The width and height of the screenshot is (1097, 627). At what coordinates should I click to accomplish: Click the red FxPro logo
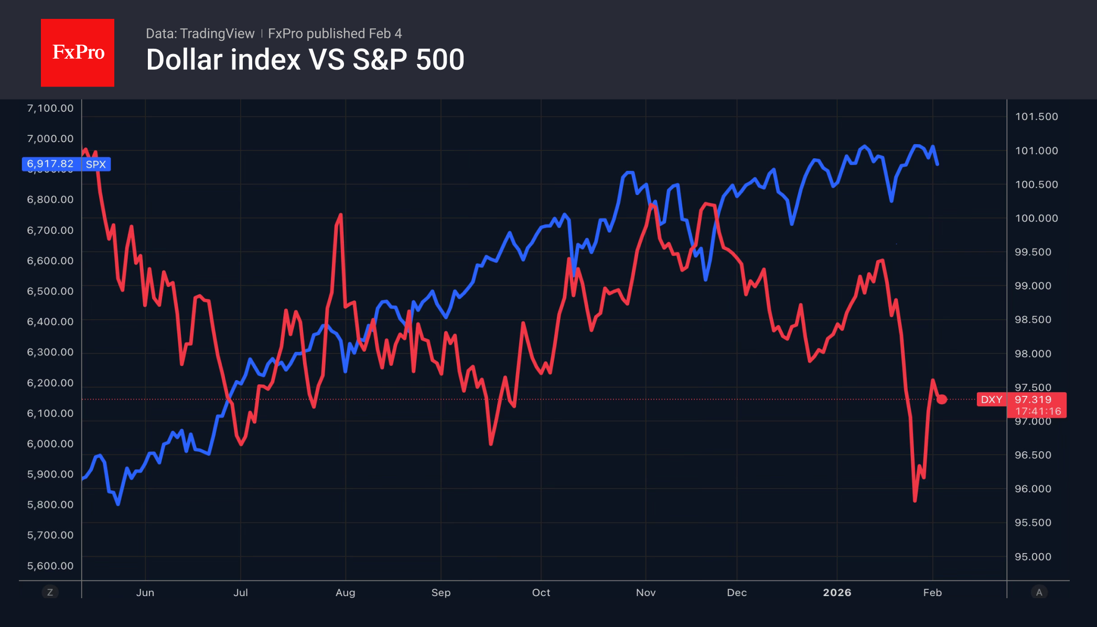(78, 52)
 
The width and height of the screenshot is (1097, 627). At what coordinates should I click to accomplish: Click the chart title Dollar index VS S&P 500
(305, 60)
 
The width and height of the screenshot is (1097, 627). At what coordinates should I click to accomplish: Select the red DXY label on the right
(991, 399)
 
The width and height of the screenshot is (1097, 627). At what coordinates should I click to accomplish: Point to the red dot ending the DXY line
(942, 399)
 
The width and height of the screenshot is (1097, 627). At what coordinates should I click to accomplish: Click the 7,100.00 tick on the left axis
(50, 109)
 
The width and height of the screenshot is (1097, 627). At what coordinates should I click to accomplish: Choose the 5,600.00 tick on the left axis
(50, 566)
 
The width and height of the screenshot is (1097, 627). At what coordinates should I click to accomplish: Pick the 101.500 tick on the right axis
(1036, 116)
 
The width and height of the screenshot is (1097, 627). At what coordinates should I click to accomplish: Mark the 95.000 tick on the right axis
(1033, 557)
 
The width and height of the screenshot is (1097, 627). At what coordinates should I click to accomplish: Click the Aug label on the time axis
(346, 592)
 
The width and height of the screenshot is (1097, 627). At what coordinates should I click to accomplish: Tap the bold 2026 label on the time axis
(837, 592)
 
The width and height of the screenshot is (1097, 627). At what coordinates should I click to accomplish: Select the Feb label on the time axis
(932, 592)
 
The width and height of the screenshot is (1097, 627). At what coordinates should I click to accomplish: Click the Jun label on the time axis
(145, 592)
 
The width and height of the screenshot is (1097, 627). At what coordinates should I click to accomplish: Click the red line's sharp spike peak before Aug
(341, 214)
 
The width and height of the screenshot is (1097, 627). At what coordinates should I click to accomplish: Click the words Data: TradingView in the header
(200, 34)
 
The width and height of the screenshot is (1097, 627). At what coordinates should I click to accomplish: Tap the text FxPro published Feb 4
(335, 34)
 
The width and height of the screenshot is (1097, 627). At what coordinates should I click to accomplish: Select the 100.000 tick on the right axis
(1036, 218)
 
